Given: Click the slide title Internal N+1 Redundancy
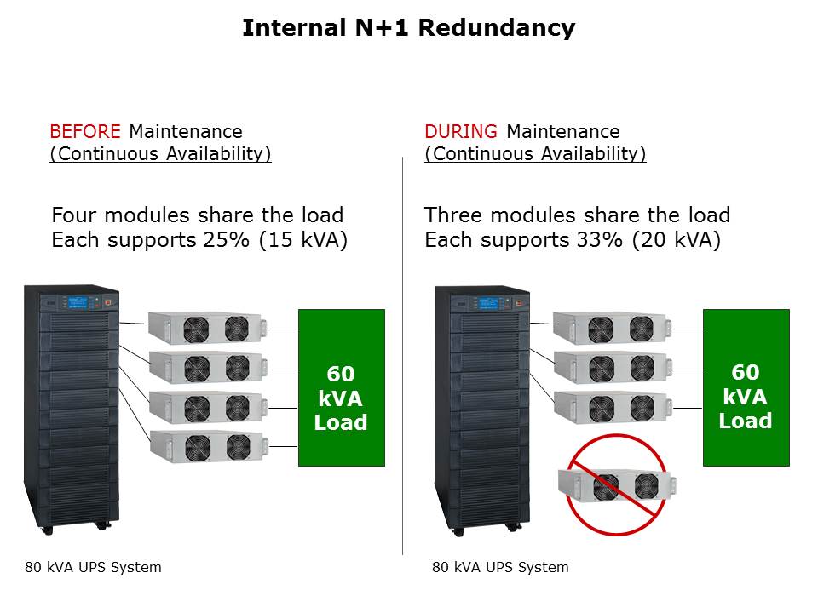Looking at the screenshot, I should (408, 28).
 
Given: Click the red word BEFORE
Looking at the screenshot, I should (87, 132).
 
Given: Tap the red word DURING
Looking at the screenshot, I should (461, 132).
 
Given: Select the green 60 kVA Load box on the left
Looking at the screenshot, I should (341, 387).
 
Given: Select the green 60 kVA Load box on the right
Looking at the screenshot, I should (746, 387).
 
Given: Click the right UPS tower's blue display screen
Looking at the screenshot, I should (488, 302).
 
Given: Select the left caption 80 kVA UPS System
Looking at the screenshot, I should (93, 567).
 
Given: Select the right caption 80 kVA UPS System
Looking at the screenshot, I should (500, 567).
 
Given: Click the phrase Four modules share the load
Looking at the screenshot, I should (197, 215).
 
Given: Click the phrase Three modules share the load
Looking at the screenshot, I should (577, 215).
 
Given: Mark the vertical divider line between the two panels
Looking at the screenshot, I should (402, 358).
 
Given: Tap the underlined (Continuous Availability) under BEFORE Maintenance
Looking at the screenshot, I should (160, 154).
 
